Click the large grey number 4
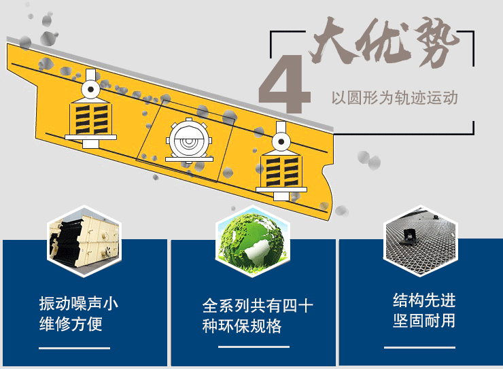point(285,84)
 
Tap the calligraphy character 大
point(334,40)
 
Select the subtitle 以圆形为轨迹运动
point(394,97)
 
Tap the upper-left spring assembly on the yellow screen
point(91,109)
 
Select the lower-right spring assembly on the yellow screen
point(281,161)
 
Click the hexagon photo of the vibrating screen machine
point(84,241)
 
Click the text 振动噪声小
point(79,303)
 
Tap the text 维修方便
point(71,323)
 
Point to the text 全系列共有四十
point(257,305)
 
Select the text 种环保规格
point(242,326)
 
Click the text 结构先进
point(424,300)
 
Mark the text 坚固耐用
point(424,321)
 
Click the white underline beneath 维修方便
point(74,348)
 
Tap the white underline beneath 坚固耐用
point(419,347)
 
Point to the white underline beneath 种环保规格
point(254,347)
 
